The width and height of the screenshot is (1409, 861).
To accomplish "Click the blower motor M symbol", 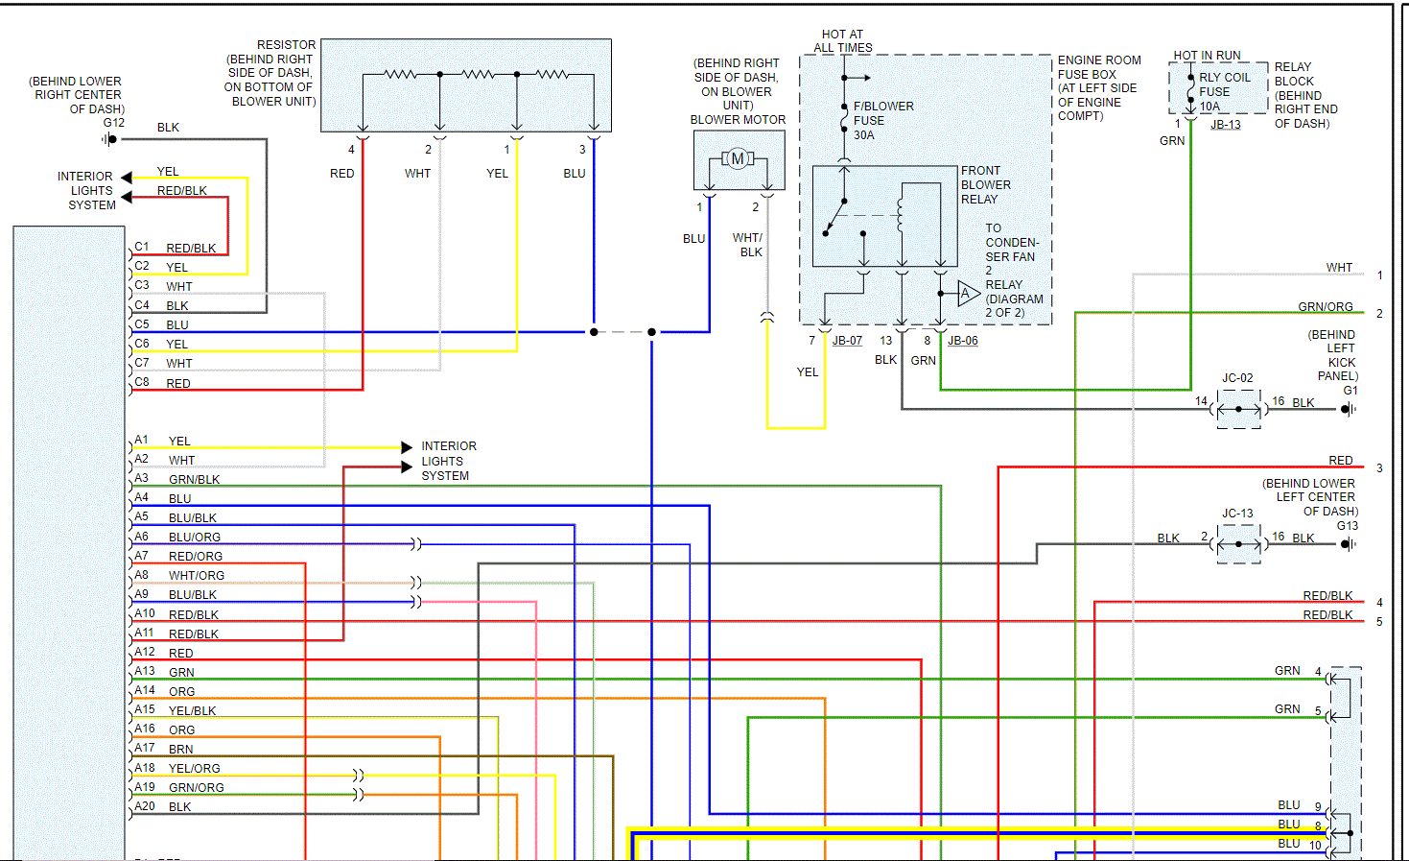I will tap(738, 158).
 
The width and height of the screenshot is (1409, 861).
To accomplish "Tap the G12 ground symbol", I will tap(110, 139).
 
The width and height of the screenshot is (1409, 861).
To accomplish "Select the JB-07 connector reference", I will tap(847, 341).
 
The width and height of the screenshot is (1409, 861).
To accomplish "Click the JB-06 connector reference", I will tap(963, 341).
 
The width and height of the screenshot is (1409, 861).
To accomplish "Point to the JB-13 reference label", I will tap(1225, 125).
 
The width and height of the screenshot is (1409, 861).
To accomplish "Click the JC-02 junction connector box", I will tap(1238, 410).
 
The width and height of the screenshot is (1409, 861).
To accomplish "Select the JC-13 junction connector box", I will tap(1238, 544).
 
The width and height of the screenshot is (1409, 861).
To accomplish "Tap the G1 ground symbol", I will tap(1348, 410).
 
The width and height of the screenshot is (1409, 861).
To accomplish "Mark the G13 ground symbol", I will tap(1348, 544).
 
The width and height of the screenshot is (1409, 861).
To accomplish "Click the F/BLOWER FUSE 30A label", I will tap(882, 121).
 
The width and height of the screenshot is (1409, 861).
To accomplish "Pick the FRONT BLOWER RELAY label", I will tap(985, 185).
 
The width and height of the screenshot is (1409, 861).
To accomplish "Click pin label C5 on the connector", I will tap(142, 324).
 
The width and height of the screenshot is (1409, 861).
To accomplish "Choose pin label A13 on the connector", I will tap(144, 671).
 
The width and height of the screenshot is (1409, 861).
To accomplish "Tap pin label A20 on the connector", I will tap(144, 806).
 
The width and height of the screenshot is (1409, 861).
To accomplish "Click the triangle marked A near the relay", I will tap(967, 293).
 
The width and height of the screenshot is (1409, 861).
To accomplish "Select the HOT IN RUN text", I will tap(1207, 56).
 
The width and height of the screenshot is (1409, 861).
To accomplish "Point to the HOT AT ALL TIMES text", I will tap(843, 41).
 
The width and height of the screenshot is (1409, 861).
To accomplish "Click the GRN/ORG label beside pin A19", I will tap(197, 788).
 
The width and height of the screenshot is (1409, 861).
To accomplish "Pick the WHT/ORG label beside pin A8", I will tap(197, 576).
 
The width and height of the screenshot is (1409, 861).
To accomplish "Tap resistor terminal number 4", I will tap(351, 150).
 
